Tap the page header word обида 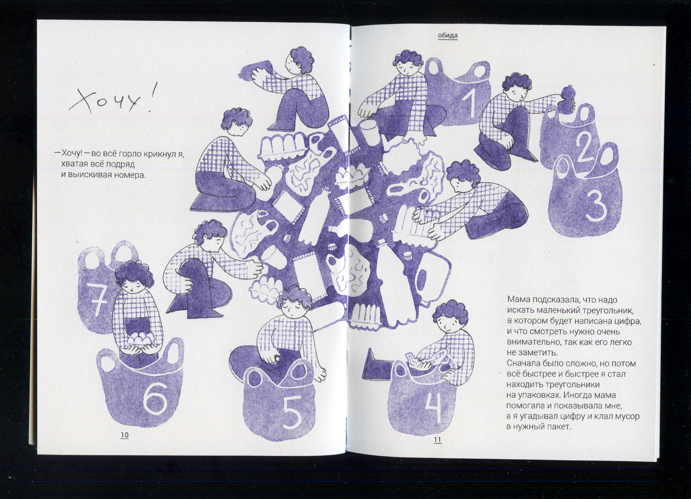pyautogui.click(x=448, y=35)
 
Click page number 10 pyautogui.click(x=125, y=435)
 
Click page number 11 pyautogui.click(x=437, y=440)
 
